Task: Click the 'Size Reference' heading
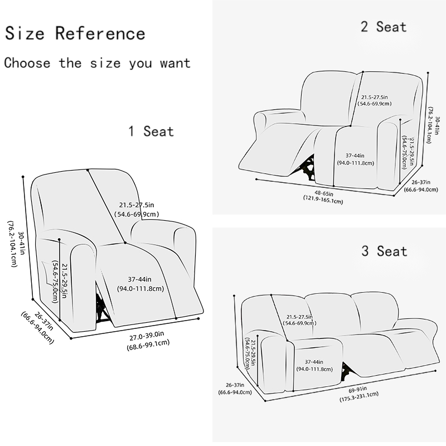tap(75, 33)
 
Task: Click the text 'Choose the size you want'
tap(97, 62)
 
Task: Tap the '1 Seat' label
tap(151, 132)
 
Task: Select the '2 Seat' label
tap(384, 26)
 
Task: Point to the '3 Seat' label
tap(384, 251)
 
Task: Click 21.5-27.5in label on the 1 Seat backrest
tap(137, 205)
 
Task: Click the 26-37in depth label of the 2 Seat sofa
tap(420, 181)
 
